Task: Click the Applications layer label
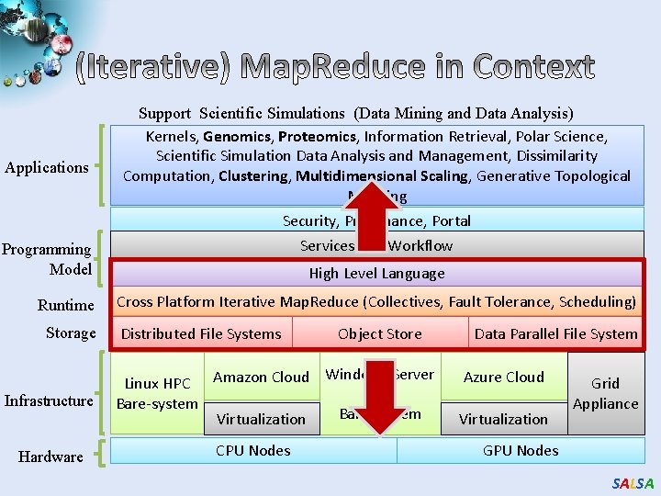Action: tap(47, 167)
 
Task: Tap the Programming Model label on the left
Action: tap(47, 259)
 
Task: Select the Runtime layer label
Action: tap(66, 305)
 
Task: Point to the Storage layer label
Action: tap(71, 333)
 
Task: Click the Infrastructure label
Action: tap(49, 400)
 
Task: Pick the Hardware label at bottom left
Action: tap(50, 457)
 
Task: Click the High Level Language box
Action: tap(376, 273)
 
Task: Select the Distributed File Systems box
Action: tap(202, 333)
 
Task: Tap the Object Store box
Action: tap(379, 333)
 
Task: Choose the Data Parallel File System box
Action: tap(555, 333)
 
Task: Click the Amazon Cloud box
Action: tap(261, 377)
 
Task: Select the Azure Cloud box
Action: tap(503, 377)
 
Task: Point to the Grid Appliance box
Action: tap(605, 393)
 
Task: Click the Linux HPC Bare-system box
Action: tap(157, 393)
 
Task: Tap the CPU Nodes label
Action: tap(252, 450)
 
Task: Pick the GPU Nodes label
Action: tap(520, 450)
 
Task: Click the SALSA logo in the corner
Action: tap(633, 483)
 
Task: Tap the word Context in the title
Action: tap(533, 67)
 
